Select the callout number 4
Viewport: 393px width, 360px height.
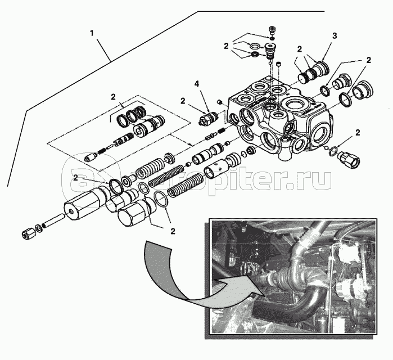pos(196,84)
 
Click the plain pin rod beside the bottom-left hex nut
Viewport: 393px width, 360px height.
pos(53,221)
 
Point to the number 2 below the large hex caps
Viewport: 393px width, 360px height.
pos(172,231)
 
